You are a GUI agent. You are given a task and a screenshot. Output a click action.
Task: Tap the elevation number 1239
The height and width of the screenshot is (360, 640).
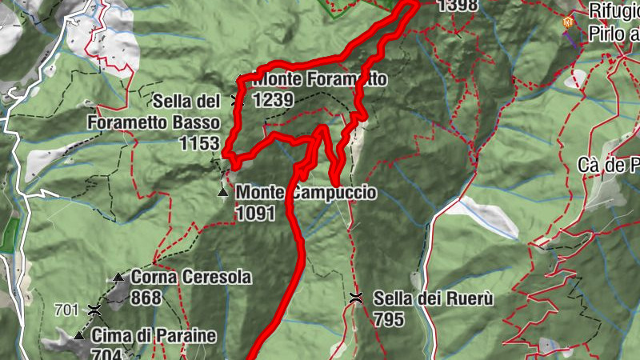click(x=273, y=99)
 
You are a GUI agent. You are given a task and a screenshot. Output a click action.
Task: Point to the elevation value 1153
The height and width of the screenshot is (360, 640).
click(x=199, y=143)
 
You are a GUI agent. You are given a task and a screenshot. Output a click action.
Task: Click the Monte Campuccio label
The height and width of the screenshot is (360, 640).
click(x=306, y=193)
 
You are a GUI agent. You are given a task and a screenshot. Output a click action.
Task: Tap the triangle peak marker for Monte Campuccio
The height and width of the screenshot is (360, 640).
click(x=223, y=193)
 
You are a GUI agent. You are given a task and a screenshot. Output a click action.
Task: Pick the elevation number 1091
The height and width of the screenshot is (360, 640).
click(x=256, y=213)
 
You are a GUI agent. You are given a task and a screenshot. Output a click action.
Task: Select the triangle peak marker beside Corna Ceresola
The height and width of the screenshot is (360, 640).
click(x=119, y=278)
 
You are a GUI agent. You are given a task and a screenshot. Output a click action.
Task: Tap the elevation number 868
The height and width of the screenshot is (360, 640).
click(x=147, y=298)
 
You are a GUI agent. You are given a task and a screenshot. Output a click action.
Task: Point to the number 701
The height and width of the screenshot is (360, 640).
click(x=66, y=309)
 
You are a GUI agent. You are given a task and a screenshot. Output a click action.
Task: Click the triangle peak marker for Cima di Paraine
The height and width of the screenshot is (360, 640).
click(x=78, y=336)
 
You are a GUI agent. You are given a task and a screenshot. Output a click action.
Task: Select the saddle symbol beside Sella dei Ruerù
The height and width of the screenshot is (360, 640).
click(x=357, y=298)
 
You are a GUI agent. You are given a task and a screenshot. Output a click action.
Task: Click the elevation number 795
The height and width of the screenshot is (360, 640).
click(x=390, y=318)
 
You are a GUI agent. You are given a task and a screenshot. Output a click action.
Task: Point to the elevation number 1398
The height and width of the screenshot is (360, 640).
click(x=458, y=6)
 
